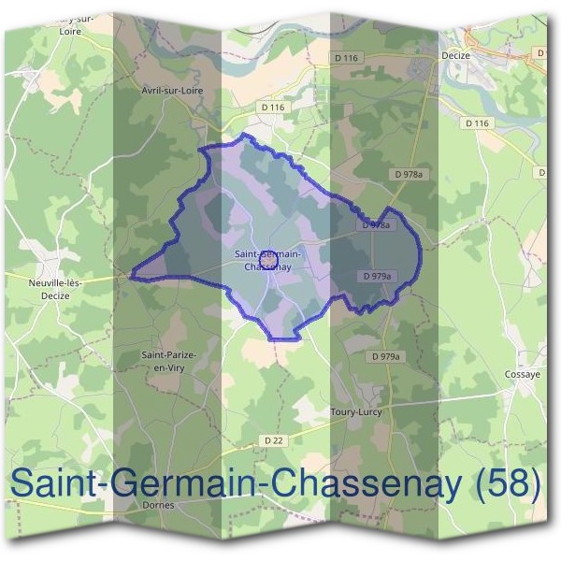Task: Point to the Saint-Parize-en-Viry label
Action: (x=167, y=361)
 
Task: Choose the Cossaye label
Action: (x=523, y=374)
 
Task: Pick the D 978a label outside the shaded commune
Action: (x=409, y=174)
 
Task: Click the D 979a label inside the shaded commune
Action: (x=376, y=276)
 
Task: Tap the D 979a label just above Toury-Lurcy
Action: (x=384, y=357)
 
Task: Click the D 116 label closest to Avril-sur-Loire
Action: (x=272, y=108)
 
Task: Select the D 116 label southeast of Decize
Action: (x=476, y=122)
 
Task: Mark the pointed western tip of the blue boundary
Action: (x=132, y=276)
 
